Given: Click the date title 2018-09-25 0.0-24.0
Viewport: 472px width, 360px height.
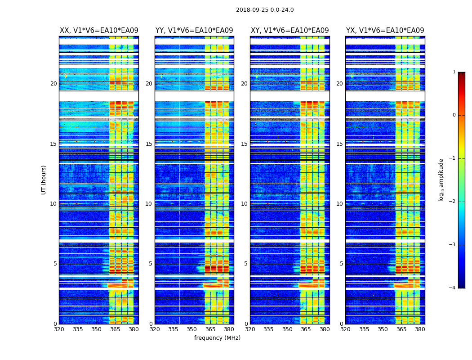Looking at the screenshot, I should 265,10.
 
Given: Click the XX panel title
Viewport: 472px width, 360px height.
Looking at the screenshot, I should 99,31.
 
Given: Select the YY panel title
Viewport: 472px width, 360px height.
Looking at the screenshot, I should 194,31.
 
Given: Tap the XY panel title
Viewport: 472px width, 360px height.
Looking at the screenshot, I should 289,31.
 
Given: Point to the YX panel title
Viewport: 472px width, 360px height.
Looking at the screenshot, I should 385,31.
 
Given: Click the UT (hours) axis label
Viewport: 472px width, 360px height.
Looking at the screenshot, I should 44,180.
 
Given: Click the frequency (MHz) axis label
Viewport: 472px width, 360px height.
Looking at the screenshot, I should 217,338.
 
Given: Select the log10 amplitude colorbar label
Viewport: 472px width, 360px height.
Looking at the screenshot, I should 441,180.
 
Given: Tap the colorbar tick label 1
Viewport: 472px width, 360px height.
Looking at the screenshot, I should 454,72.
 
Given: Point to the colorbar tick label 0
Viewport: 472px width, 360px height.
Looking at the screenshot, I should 454,115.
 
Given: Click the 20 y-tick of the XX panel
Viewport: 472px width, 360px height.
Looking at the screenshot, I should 53,84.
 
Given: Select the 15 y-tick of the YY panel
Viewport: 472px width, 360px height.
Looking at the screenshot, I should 149,144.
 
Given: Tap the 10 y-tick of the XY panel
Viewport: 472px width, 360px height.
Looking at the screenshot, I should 244,204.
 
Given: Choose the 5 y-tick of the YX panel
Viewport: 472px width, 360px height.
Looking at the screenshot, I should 341,264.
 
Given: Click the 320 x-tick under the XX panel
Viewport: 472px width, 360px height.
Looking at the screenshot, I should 59,329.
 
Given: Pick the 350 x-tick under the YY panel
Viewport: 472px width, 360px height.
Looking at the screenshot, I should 192,329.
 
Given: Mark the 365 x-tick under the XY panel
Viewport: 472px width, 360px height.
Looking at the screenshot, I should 306,329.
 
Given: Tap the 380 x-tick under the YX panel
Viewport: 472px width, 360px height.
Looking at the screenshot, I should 420,329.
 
